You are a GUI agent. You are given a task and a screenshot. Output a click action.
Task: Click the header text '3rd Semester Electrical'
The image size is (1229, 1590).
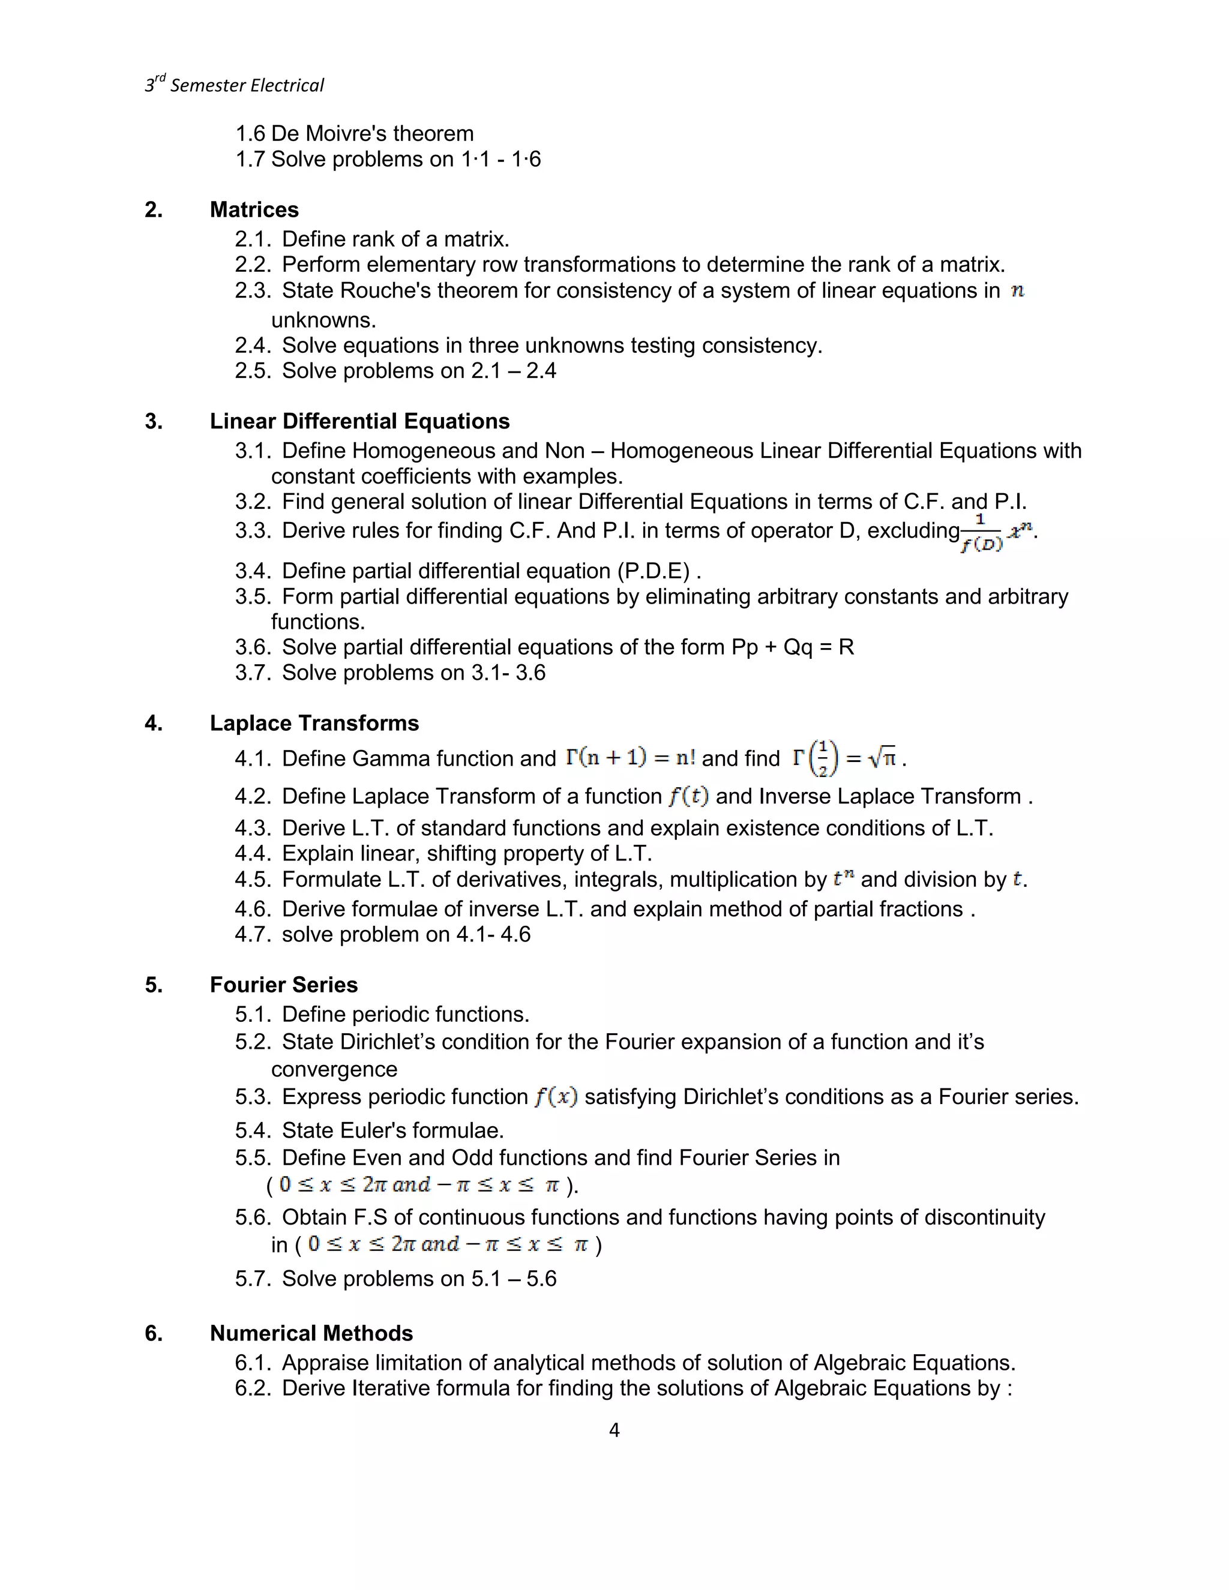click(x=235, y=85)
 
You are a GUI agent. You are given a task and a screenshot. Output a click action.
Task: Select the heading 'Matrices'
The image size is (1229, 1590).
click(x=254, y=209)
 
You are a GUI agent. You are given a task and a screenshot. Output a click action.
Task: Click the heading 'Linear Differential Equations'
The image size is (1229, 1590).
click(x=359, y=422)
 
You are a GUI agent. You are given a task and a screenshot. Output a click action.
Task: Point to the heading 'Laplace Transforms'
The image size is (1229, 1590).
click(x=314, y=723)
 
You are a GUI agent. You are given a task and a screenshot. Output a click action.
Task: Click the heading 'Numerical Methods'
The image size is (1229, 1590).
click(x=311, y=1333)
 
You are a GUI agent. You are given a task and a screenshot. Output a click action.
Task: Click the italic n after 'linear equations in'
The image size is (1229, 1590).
click(x=1017, y=290)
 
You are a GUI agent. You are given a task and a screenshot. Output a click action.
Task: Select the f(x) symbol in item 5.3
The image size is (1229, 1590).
click(x=556, y=1096)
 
